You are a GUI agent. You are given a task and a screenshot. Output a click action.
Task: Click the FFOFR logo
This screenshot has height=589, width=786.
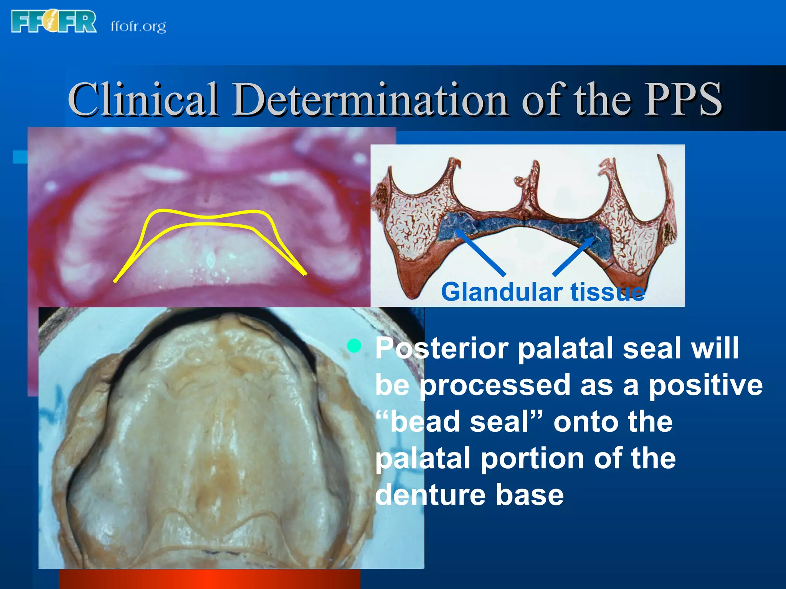(54, 22)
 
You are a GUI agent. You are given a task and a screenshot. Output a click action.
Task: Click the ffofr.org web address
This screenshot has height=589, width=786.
(138, 26)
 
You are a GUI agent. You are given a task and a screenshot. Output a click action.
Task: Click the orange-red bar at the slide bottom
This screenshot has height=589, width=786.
(209, 579)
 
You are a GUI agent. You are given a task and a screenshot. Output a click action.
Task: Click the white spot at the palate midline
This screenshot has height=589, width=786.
(210, 261)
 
